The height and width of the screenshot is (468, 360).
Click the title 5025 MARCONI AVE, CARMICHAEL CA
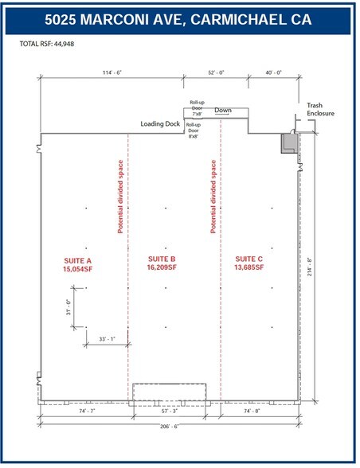pyautogui.click(x=179, y=18)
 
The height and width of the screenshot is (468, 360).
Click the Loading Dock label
pyautogui.click(x=159, y=123)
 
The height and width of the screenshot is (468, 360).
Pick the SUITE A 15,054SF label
pyautogui.click(x=79, y=265)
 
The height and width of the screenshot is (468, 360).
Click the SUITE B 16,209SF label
pyautogui.click(x=163, y=265)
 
